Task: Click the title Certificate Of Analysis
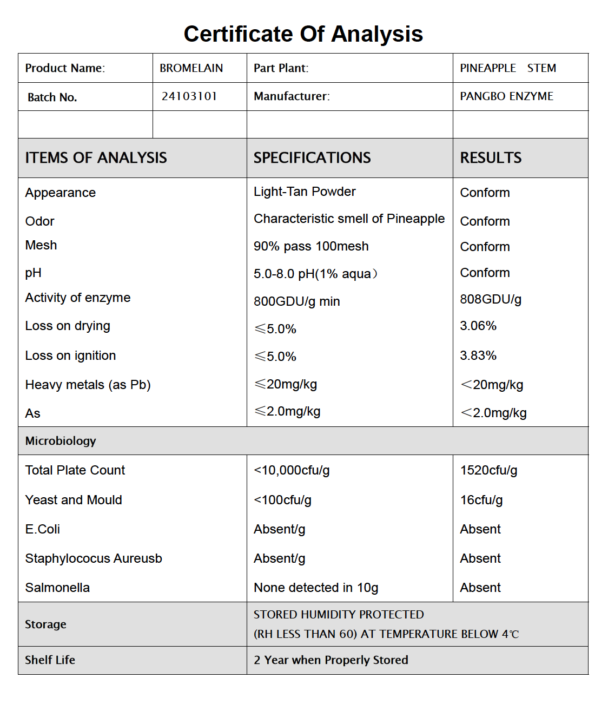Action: click(303, 34)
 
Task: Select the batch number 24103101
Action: click(189, 96)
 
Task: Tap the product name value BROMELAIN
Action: click(191, 68)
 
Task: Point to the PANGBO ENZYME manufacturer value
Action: click(506, 96)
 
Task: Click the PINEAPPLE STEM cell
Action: click(507, 68)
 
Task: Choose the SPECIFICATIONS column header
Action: click(312, 158)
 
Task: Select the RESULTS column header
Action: click(491, 158)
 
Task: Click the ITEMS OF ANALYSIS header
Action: click(96, 158)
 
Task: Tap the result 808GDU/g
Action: click(491, 299)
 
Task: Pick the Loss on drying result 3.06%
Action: click(478, 326)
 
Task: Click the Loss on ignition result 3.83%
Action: click(478, 356)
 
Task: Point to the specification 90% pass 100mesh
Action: click(311, 246)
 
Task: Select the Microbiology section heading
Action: click(61, 441)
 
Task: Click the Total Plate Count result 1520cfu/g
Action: click(488, 470)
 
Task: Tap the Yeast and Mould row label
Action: click(74, 500)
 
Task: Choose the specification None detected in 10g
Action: click(316, 588)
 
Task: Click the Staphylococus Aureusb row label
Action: click(94, 558)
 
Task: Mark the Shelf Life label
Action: click(50, 660)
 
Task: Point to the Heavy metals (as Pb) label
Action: click(88, 385)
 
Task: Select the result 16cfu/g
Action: click(481, 500)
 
